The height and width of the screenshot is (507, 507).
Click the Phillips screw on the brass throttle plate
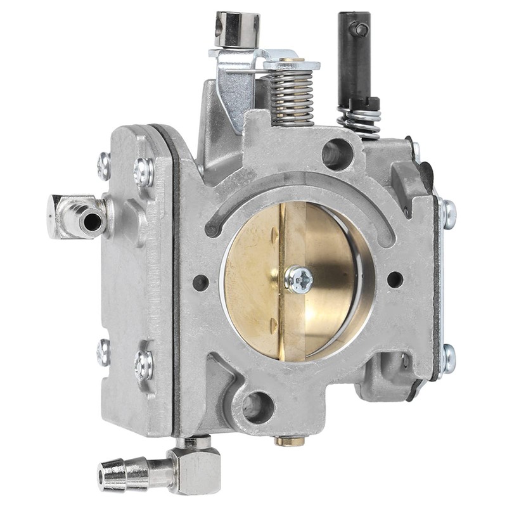click(x=299, y=279)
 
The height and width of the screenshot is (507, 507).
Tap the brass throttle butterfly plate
click(x=253, y=285)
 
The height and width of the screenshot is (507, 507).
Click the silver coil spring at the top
click(x=292, y=95)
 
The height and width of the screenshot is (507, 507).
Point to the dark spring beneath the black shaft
click(x=361, y=120)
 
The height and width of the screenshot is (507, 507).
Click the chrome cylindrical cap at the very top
click(x=236, y=29)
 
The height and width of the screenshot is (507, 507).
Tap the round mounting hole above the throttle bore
click(x=337, y=154)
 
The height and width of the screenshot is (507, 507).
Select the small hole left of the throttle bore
click(x=200, y=283)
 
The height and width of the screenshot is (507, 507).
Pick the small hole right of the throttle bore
click(x=394, y=279)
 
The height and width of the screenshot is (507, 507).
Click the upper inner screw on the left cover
click(x=144, y=172)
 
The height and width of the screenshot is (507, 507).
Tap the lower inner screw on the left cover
click(x=144, y=364)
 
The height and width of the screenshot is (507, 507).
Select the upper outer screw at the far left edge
click(x=104, y=166)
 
